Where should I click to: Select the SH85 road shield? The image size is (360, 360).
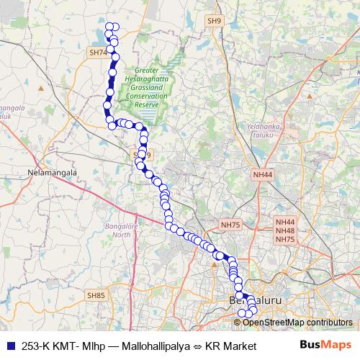(x=96, y=294)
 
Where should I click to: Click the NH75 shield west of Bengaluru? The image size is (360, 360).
(x=230, y=225)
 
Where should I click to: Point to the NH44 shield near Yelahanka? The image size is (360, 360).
(x=263, y=174)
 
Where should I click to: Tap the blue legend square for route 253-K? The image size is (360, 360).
(x=9, y=346)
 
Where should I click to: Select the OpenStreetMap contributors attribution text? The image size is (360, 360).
(x=297, y=322)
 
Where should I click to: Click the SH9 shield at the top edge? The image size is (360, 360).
(x=214, y=22)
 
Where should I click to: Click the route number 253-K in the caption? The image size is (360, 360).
(x=36, y=346)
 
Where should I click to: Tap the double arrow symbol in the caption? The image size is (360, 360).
(x=197, y=346)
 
